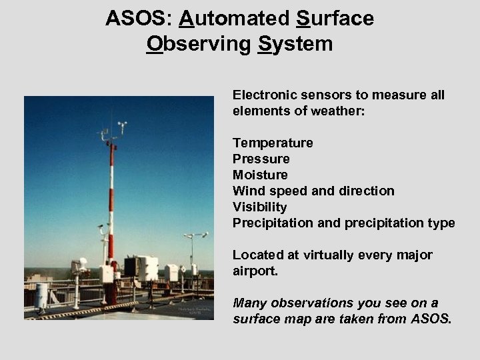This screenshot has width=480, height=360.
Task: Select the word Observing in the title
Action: coord(199,44)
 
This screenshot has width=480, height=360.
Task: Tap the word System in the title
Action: coord(296,44)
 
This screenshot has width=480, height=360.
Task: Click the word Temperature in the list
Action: coord(273,143)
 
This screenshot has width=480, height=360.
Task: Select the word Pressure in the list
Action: coord(261,159)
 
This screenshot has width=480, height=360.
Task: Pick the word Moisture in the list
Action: coord(261,175)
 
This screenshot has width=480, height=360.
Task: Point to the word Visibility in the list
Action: coord(260,207)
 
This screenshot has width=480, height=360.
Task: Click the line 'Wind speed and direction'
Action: coord(313,191)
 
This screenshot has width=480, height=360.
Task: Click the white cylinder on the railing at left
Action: coord(41,295)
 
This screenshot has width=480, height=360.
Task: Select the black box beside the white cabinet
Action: coord(131,267)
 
